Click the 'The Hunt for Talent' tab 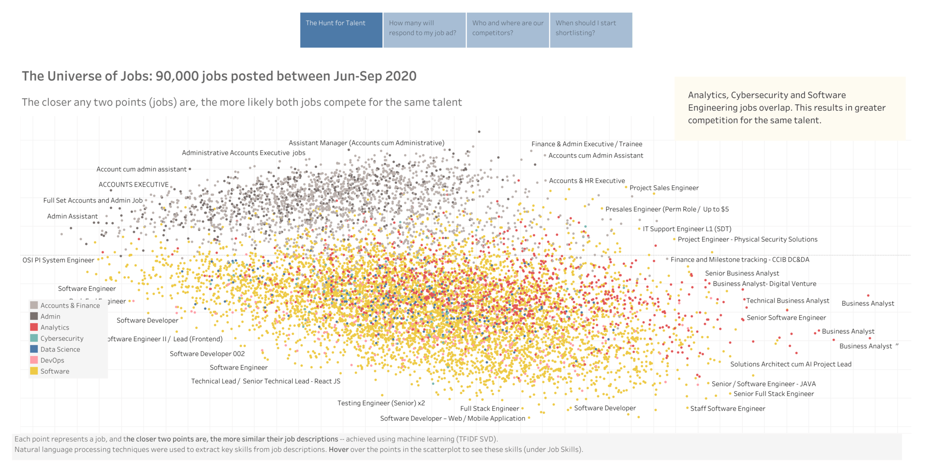coord(341,30)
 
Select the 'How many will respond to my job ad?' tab coord(424,30)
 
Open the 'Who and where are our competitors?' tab coord(507,30)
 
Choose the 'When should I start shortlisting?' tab coord(591,30)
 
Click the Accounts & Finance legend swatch coord(34,305)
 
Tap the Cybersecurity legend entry coord(61,338)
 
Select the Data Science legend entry coord(60,349)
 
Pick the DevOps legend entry coord(52,360)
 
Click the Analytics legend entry coord(54,327)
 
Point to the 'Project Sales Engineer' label coord(664,188)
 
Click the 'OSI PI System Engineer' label coord(58,260)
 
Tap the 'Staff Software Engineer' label coord(727,408)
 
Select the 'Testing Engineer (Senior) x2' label coord(381,403)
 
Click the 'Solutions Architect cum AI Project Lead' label coord(790,364)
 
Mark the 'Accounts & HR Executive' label coord(587,181)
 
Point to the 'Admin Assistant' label coord(72,216)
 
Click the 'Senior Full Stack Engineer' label coord(773,394)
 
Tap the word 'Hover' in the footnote coord(338,449)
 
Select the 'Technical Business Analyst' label coord(787,301)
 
